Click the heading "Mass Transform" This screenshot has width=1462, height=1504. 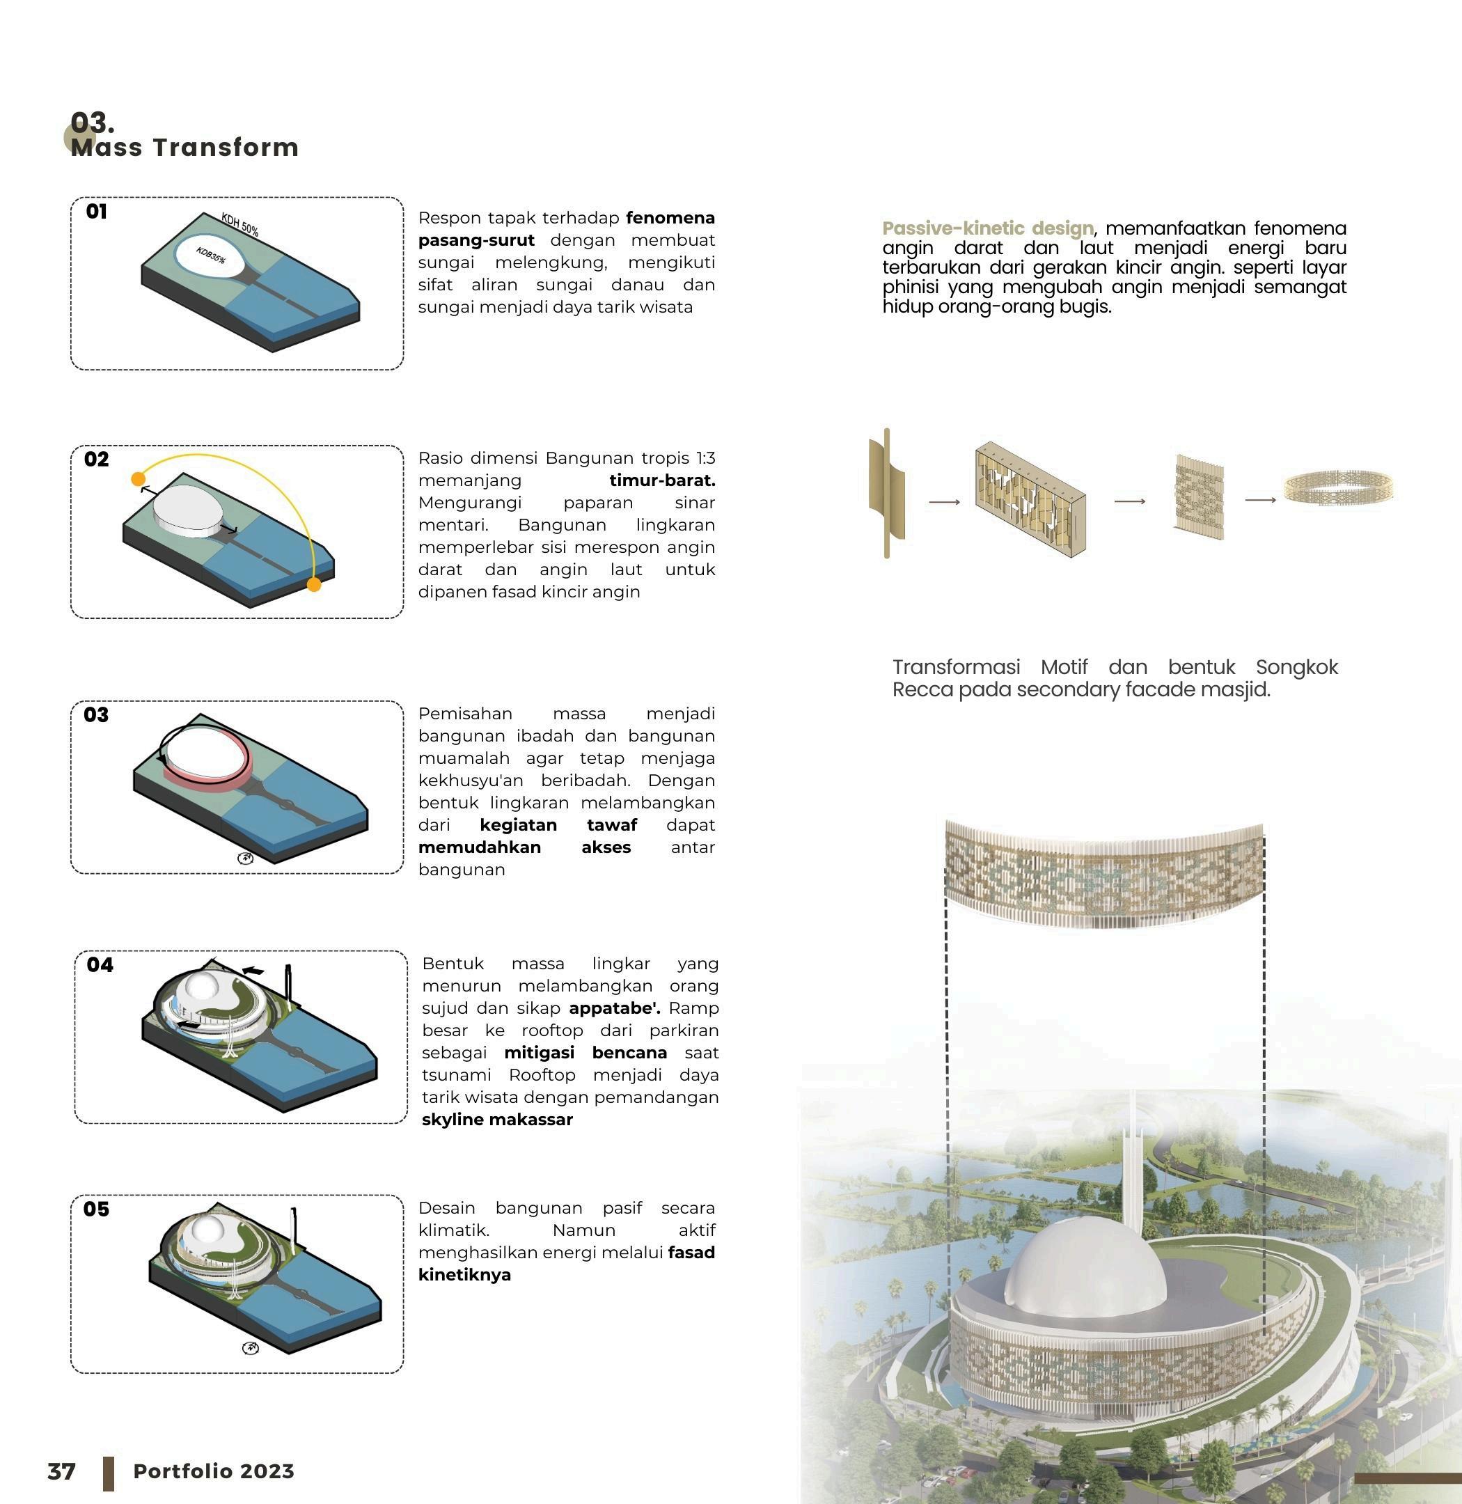point(184,147)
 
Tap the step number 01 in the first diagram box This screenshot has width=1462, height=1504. point(97,212)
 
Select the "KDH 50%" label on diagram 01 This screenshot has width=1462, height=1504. point(239,224)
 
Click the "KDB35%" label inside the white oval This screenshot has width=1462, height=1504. point(210,255)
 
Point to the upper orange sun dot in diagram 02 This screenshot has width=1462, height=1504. point(139,479)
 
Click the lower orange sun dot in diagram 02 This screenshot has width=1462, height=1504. point(313,585)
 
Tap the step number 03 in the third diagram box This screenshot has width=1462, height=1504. point(96,715)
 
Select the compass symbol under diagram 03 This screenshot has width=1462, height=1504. point(246,858)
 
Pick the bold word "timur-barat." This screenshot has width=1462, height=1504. point(662,481)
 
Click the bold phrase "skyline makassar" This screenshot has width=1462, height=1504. point(497,1120)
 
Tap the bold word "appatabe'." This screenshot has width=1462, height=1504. point(614,1008)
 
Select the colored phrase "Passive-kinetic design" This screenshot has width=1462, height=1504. point(987,228)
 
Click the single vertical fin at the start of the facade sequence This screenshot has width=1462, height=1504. point(886,493)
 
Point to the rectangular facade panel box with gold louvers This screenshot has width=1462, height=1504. point(1030,498)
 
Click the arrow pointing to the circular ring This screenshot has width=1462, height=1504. point(1259,500)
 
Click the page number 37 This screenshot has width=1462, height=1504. point(61,1471)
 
